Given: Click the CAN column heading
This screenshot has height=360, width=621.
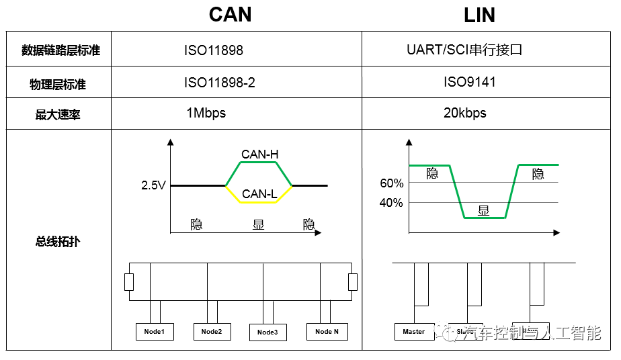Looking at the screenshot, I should [x=231, y=15].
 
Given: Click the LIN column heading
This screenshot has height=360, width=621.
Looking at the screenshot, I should [x=479, y=15].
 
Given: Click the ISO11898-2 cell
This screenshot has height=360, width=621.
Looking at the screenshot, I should [x=220, y=83].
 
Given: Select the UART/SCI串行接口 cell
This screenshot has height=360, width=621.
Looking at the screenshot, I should [x=464, y=50].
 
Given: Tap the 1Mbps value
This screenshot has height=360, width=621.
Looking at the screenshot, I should [x=206, y=113].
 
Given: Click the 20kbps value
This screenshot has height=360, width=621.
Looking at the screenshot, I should [x=464, y=113].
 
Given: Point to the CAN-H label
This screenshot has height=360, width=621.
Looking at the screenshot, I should [x=259, y=154].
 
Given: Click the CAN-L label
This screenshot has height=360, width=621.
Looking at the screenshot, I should [x=259, y=194].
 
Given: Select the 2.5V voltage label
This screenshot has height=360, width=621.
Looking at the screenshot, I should [x=153, y=185].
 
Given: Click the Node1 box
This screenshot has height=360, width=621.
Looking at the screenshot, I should [x=155, y=331].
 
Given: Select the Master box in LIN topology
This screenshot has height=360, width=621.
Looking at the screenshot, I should [x=414, y=331].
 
